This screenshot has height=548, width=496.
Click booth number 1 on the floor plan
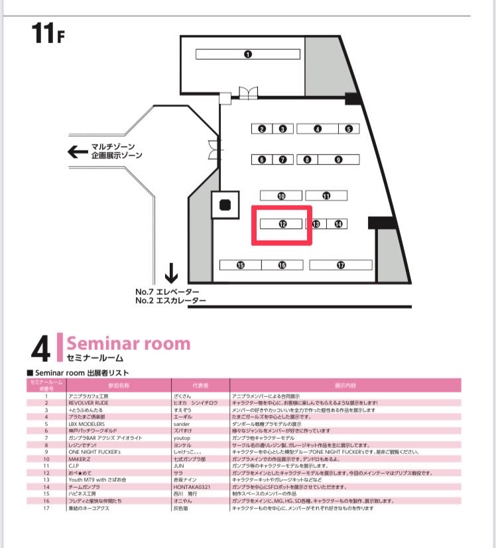click(x=247, y=54)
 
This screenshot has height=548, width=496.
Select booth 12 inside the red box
click(x=282, y=224)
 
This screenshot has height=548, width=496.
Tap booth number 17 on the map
click(x=340, y=265)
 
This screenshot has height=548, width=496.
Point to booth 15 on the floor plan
click(x=240, y=265)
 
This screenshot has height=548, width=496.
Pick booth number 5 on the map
click(x=349, y=129)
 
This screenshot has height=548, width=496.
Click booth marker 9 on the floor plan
click(x=338, y=160)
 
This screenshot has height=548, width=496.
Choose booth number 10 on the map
click(x=281, y=196)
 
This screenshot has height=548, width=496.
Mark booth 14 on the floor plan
click(x=338, y=224)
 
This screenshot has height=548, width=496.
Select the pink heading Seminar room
click(x=128, y=343)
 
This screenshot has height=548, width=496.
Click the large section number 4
click(x=40, y=348)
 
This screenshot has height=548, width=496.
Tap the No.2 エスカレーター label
click(x=170, y=301)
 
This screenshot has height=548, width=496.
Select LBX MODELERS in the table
click(x=87, y=423)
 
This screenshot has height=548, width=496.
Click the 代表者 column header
click(x=200, y=385)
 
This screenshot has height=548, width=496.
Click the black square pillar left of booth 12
click(x=225, y=205)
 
